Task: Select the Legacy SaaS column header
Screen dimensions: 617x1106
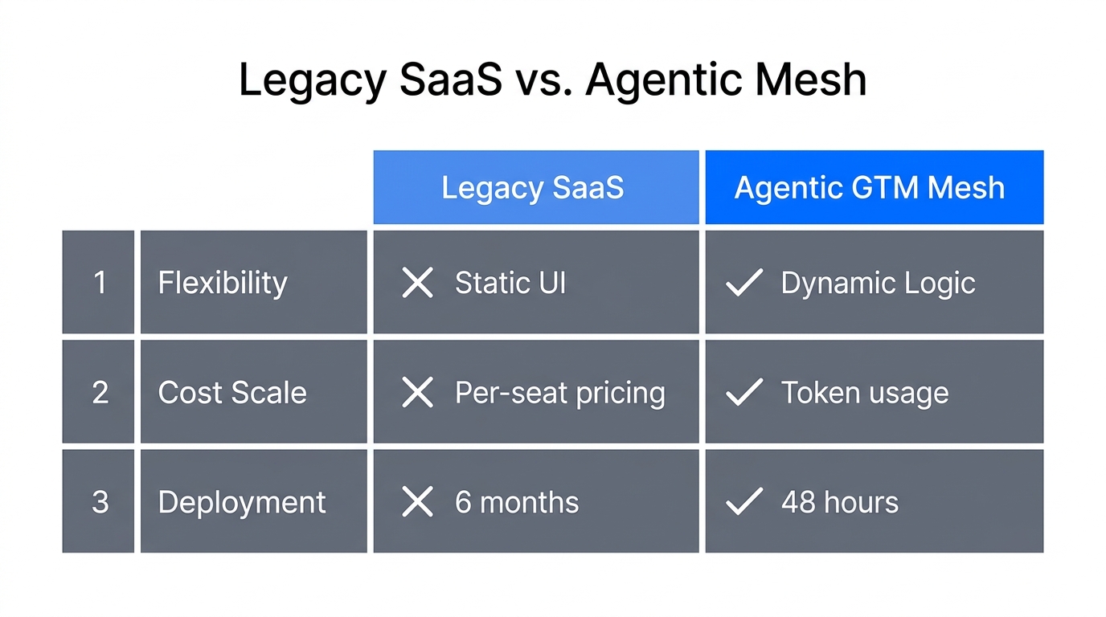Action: pos(535,187)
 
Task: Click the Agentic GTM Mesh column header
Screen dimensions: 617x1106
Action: pos(874,187)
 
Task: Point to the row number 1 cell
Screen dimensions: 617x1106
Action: pos(99,282)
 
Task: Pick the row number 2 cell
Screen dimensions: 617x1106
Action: pos(99,392)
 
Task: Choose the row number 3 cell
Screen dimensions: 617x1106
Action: pos(99,501)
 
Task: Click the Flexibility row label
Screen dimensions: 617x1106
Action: pos(223,282)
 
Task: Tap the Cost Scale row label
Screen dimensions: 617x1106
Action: pos(232,392)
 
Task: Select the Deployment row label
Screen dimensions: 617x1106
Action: pos(242,501)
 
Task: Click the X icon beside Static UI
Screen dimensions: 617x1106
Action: pos(417,283)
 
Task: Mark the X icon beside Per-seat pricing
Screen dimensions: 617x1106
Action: pos(417,392)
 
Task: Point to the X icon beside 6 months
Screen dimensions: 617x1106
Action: pos(417,502)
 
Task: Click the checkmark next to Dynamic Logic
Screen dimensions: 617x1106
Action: pos(743,283)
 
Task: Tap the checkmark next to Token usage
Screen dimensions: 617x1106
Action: pos(743,392)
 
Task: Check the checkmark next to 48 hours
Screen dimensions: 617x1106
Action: pos(743,502)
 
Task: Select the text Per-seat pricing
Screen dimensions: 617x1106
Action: pos(560,392)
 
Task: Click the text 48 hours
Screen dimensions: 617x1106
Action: pos(840,502)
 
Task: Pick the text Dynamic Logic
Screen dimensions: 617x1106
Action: pos(878,283)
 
